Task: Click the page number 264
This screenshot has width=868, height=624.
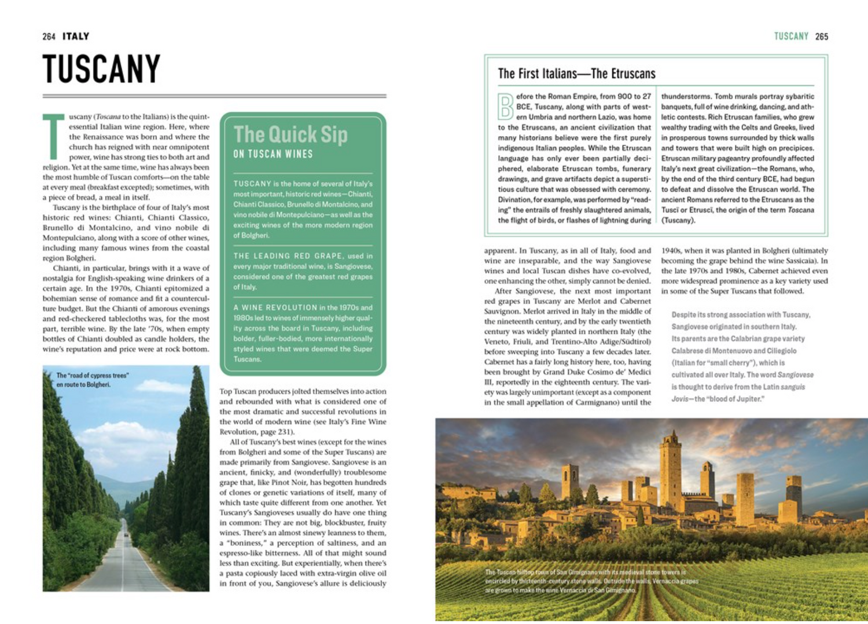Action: tap(49, 36)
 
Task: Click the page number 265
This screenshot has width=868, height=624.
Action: tap(822, 36)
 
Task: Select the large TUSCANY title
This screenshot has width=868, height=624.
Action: tap(101, 69)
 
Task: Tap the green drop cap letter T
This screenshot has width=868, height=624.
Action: tap(53, 137)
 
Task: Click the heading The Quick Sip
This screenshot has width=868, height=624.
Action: tap(290, 135)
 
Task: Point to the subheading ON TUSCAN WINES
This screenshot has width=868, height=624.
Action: tap(273, 154)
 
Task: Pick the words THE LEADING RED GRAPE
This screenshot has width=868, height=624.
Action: tap(288, 256)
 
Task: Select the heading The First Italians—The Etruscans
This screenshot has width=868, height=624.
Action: tap(576, 74)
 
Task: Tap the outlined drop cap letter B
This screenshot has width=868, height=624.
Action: tap(506, 107)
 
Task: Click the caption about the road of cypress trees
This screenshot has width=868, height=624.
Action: tap(93, 380)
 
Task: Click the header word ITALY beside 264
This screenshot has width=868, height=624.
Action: tap(76, 36)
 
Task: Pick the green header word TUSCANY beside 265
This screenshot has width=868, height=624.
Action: tap(791, 36)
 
